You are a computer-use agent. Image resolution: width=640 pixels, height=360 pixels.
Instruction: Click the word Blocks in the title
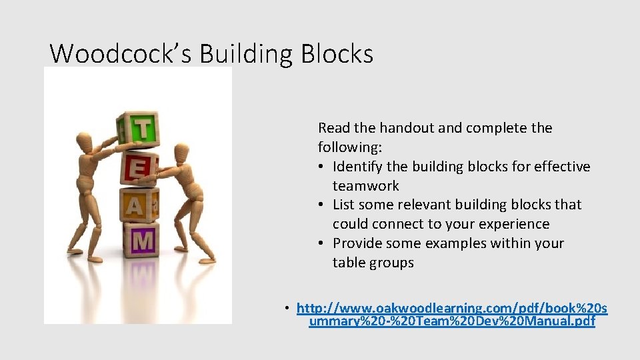point(337,53)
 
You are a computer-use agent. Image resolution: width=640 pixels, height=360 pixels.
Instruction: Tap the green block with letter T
point(141,129)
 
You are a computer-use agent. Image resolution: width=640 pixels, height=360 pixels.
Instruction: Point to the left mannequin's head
point(84,142)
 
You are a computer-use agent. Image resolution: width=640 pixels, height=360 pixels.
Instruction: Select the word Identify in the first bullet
point(358,167)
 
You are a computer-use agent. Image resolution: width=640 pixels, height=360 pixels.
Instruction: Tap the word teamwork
point(365,186)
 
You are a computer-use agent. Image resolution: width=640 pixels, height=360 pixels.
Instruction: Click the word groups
point(393,263)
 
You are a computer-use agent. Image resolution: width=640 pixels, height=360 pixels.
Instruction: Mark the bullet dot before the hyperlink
point(286,308)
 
